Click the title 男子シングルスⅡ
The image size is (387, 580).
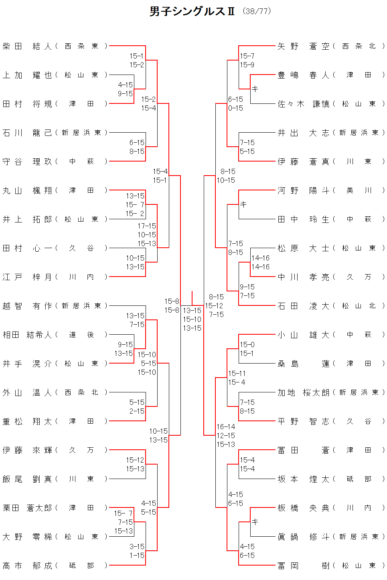tap(192, 11)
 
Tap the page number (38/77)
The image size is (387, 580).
tap(257, 11)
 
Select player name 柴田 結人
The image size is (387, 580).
tap(27, 46)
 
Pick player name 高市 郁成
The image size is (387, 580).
tap(27, 566)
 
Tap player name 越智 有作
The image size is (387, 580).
tap(27, 306)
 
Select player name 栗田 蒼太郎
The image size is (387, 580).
tap(27, 508)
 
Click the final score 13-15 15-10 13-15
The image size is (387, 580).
tap(192, 319)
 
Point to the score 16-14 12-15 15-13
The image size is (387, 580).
tap(226, 435)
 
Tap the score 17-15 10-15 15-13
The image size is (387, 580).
tap(147, 234)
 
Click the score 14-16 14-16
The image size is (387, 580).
tap(260, 262)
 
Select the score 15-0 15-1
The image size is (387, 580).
tap(247, 349)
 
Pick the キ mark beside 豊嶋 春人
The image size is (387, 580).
tap(255, 89)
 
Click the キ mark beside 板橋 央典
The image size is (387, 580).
tap(255, 522)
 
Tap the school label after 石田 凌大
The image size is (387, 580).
tap(359, 306)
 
